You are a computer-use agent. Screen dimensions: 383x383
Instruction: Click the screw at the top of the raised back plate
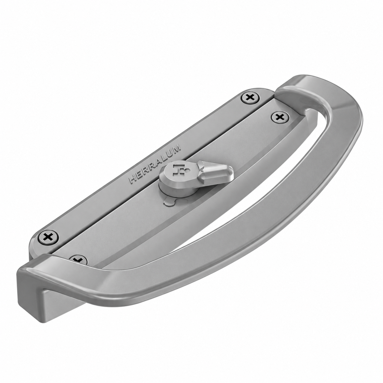(251, 97)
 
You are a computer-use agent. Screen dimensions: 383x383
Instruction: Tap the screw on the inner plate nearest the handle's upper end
(280, 117)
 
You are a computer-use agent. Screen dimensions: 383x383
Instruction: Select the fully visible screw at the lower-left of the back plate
(49, 237)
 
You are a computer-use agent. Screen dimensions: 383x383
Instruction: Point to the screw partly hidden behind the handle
(78, 259)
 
